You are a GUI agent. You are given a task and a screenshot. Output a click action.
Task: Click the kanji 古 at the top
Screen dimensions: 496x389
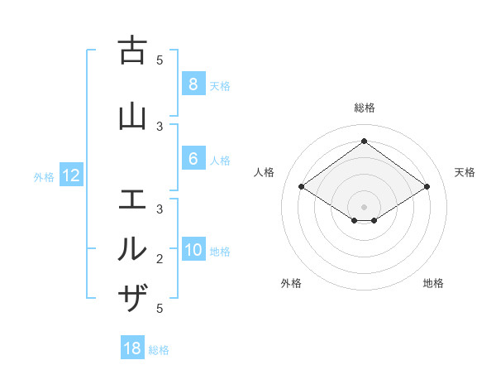tap(132, 51)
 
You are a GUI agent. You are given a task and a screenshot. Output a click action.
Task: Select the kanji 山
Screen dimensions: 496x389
tap(132, 117)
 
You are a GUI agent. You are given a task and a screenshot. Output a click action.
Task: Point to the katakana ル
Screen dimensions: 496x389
tap(132, 248)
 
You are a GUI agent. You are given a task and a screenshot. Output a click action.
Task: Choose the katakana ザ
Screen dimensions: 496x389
tap(132, 297)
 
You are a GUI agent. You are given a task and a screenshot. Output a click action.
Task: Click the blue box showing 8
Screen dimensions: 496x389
tap(193, 84)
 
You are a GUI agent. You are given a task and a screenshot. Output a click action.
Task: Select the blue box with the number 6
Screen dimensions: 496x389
tap(193, 160)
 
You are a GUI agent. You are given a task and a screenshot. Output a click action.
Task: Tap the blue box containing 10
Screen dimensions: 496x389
tap(193, 251)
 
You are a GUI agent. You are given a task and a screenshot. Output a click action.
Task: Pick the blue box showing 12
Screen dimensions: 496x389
tap(71, 175)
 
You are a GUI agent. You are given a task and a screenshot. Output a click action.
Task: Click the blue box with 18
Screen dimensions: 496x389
tap(132, 348)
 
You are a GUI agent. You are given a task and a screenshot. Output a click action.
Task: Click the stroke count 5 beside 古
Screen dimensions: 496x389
tap(160, 60)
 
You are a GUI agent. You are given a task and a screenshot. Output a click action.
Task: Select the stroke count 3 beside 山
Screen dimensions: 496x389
tap(160, 126)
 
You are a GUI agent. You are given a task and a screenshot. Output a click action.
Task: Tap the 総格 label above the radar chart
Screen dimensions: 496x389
tap(364, 108)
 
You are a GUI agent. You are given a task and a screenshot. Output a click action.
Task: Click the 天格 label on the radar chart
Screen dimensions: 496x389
tap(465, 172)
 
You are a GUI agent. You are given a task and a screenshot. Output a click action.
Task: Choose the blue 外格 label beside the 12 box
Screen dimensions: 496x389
tap(44, 176)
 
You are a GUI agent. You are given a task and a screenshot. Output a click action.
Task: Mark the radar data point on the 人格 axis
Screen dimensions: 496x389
tap(302, 187)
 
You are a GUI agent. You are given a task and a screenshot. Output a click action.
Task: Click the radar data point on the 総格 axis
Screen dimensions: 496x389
tap(364, 142)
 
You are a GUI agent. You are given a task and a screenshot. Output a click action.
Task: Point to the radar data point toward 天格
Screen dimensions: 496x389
tap(427, 187)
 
